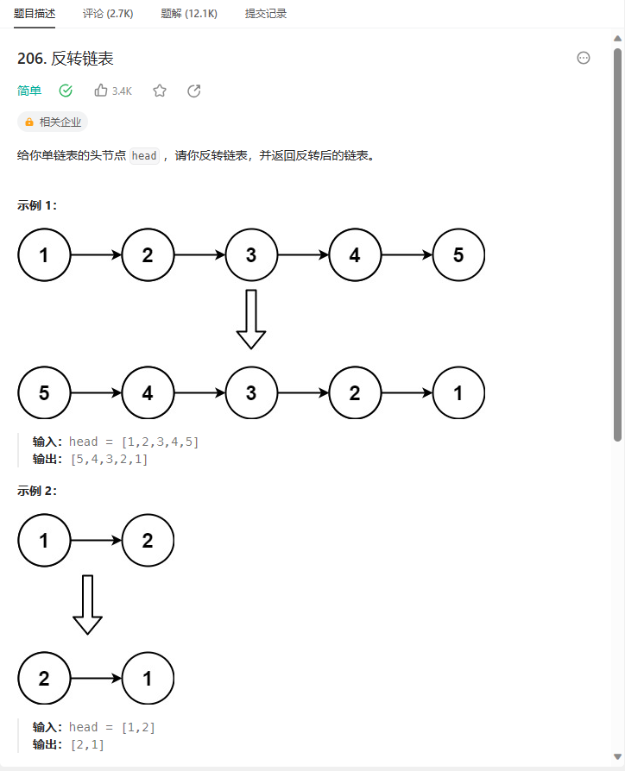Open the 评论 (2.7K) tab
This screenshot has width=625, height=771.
tap(108, 14)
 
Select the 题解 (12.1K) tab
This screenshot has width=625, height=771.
tap(189, 14)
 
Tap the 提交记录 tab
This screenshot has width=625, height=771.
tap(266, 14)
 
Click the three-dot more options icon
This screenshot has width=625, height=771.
tap(584, 58)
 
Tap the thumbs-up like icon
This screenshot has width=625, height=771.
tap(101, 91)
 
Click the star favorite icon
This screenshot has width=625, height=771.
tap(160, 91)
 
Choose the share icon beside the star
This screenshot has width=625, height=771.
tap(194, 91)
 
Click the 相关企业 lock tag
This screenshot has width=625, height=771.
tap(53, 122)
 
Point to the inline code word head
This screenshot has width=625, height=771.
tap(144, 156)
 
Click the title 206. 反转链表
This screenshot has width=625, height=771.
tap(66, 59)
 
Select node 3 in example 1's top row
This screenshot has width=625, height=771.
tap(251, 255)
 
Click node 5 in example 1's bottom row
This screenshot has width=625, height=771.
tap(44, 393)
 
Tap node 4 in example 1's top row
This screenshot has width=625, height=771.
tap(355, 255)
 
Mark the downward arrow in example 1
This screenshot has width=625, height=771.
tap(251, 319)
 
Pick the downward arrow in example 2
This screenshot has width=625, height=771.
tap(87, 605)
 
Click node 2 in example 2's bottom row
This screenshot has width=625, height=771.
tap(44, 678)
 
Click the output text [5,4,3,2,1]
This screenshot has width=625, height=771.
tap(109, 460)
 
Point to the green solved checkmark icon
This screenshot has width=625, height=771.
tap(66, 91)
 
